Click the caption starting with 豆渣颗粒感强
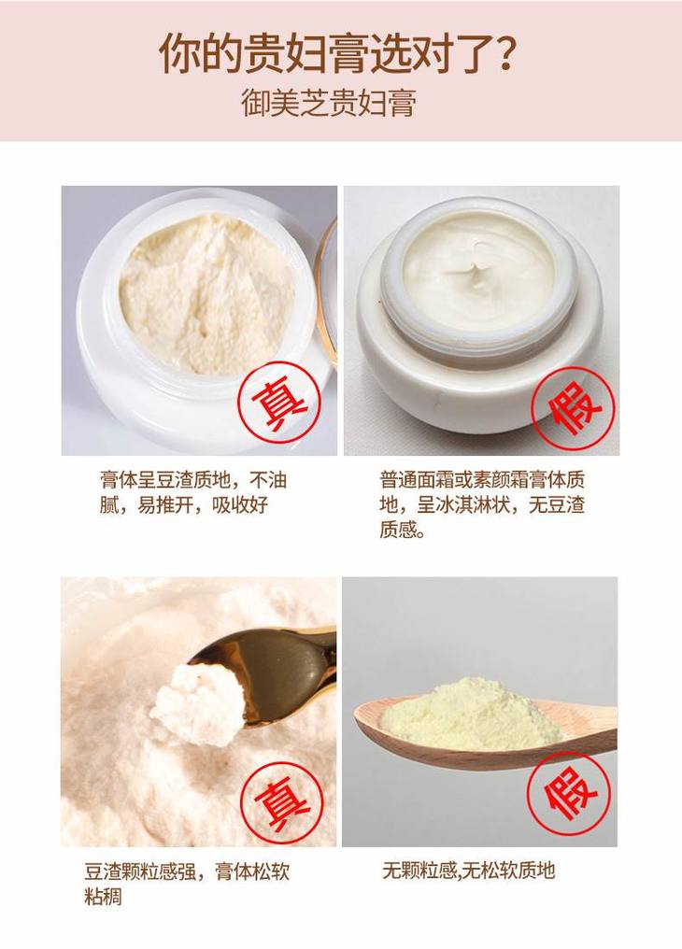coord(187,884)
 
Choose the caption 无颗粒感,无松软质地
coord(469,871)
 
